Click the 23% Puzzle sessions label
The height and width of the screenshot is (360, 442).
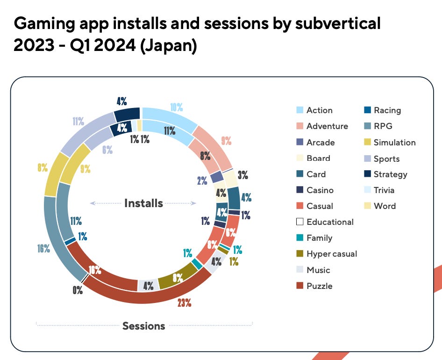184,302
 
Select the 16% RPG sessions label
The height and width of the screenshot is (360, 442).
44,249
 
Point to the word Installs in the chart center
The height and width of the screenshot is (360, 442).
143,203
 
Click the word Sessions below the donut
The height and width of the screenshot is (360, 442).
143,326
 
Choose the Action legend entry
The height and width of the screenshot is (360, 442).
319,110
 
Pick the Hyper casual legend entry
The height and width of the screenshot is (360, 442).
331,254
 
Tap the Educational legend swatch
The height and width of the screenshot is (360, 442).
300,222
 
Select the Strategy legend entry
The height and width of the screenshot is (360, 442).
390,174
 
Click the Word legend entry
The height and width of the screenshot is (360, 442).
385,206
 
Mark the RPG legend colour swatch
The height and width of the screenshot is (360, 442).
367,126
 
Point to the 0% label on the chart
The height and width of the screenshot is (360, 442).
78,290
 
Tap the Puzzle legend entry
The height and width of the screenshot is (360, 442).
319,286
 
